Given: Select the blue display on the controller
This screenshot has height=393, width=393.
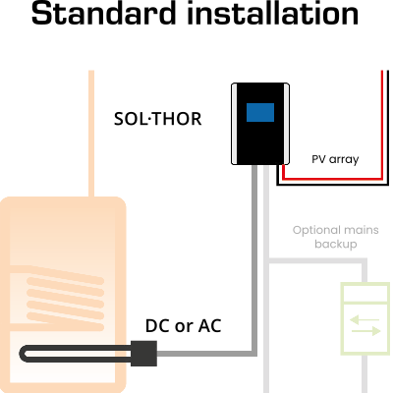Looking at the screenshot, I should click(x=259, y=113).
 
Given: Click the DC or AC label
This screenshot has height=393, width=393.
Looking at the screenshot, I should click(x=183, y=325).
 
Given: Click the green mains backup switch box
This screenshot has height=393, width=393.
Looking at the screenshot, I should click(x=365, y=318).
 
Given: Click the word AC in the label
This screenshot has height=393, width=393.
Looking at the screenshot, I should click(x=208, y=325).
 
